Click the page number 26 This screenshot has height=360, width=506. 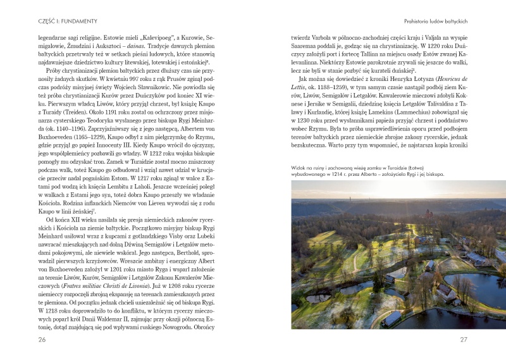[x=25, y=340]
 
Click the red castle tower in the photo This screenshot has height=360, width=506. [x=428, y=214]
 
